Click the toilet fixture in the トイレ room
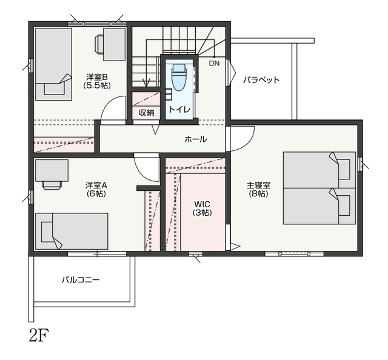tap(179, 78)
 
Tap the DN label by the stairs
tap(214, 64)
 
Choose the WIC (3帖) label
tap(202, 208)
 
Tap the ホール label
tap(195, 139)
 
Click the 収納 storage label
tap(147, 113)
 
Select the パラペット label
tap(261, 80)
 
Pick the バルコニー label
tap(81, 280)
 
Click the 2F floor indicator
tap(39, 335)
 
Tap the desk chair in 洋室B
tap(99, 44)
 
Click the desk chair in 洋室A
tap(52, 185)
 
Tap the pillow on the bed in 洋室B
tap(54, 88)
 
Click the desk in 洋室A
tap(52, 170)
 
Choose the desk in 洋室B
tap(115, 44)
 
